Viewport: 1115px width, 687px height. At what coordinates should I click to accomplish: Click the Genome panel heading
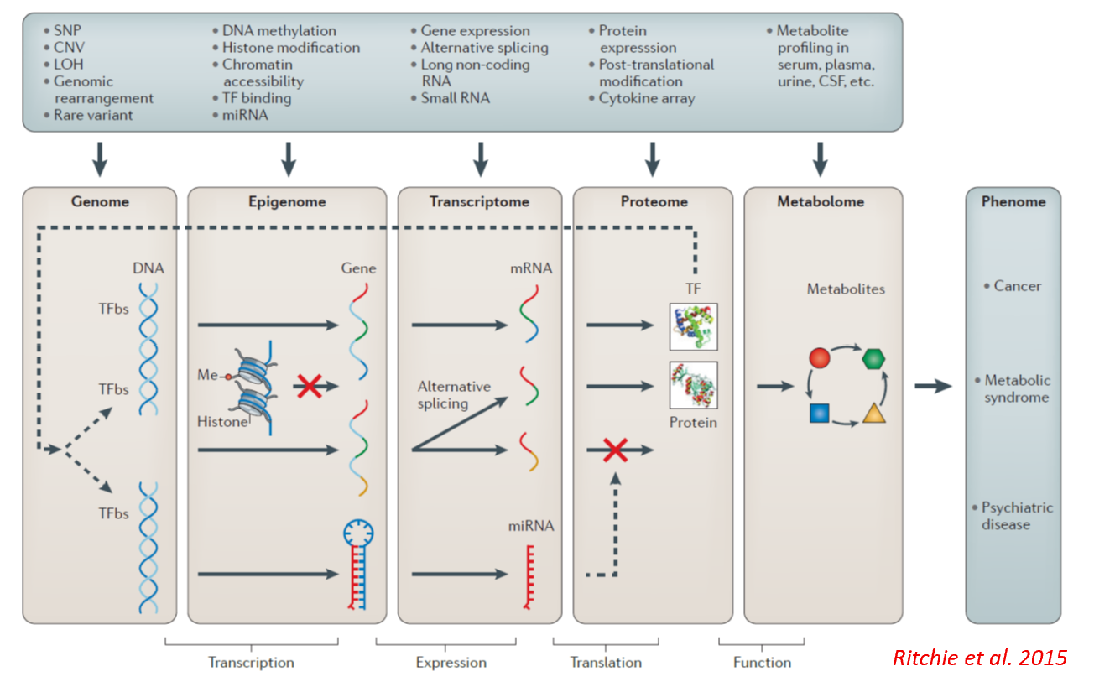[100, 201]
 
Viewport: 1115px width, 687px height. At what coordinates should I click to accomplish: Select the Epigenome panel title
[287, 201]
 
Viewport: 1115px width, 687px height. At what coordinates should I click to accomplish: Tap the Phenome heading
[1013, 201]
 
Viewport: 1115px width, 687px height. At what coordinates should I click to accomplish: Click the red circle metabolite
[820, 358]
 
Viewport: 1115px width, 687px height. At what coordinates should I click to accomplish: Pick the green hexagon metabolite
[873, 358]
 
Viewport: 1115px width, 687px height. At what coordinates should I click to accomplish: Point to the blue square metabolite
[820, 414]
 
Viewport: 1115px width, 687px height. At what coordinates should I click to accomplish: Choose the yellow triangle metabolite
[874, 414]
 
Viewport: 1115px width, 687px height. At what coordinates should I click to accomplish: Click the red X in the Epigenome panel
[309, 387]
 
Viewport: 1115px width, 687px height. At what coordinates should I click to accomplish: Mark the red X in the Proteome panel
[615, 450]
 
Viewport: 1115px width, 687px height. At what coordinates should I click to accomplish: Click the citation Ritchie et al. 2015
[980, 658]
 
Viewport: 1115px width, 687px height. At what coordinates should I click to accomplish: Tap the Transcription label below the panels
[251, 662]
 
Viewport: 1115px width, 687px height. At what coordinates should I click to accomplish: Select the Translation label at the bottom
[606, 662]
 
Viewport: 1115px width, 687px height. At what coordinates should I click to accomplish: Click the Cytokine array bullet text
[647, 99]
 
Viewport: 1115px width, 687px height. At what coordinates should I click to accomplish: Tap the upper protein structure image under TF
[693, 326]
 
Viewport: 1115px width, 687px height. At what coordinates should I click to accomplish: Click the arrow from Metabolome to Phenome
[933, 386]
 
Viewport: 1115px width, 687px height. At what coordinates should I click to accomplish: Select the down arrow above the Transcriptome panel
[481, 159]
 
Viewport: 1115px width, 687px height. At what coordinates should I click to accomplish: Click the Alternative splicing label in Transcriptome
[454, 395]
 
